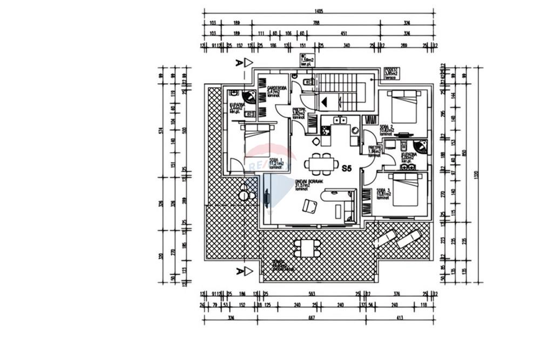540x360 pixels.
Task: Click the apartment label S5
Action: (347, 168)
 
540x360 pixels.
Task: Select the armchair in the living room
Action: (310, 206)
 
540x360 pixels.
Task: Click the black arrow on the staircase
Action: (325, 101)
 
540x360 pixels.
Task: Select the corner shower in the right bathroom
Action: (420, 147)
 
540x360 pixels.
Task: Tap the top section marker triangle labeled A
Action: (248, 63)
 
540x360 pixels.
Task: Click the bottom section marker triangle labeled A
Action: (248, 271)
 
